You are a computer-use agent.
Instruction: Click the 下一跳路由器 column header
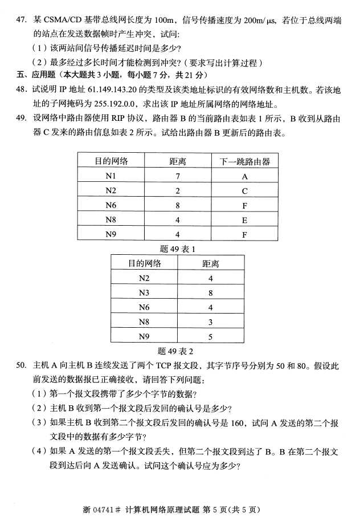tap(245, 161)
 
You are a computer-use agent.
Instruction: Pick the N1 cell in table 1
tap(111, 176)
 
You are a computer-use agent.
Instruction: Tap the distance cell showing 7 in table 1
tap(178, 176)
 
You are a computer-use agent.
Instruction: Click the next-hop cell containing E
tap(245, 219)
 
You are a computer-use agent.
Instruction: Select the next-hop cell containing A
tap(245, 176)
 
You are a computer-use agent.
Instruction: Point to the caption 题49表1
tap(178, 249)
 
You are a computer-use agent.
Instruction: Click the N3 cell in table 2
tap(144, 293)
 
